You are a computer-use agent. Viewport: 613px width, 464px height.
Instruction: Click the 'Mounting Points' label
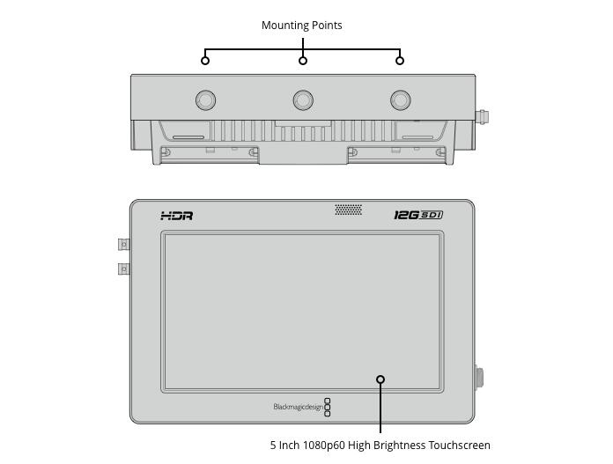(x=301, y=26)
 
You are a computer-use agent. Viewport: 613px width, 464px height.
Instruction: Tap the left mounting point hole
(x=205, y=100)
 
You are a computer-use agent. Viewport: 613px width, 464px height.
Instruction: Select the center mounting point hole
(x=303, y=100)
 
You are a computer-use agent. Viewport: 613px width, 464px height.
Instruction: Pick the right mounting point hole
(x=400, y=100)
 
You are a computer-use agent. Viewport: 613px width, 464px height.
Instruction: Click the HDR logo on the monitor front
(x=176, y=216)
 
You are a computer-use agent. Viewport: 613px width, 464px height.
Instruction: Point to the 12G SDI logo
(x=417, y=216)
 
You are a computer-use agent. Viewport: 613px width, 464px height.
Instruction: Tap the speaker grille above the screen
(x=348, y=210)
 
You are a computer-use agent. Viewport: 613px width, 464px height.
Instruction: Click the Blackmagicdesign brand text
(x=298, y=407)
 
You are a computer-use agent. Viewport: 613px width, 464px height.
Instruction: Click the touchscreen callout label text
(x=380, y=446)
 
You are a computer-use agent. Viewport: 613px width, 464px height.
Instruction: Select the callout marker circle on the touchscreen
(x=380, y=379)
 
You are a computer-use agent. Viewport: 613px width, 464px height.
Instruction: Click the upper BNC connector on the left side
(x=124, y=244)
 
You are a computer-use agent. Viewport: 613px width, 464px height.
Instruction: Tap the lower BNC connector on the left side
(x=124, y=268)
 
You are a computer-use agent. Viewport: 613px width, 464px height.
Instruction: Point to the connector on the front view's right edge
(x=480, y=379)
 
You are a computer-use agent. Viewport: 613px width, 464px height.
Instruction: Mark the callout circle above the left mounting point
(x=205, y=60)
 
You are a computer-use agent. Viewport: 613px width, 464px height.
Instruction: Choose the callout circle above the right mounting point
(x=400, y=60)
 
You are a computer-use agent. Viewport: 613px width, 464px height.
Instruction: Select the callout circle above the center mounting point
(x=303, y=60)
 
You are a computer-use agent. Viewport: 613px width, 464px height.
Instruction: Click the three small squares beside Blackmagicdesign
(x=328, y=407)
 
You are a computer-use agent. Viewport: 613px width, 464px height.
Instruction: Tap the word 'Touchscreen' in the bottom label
(x=459, y=446)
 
